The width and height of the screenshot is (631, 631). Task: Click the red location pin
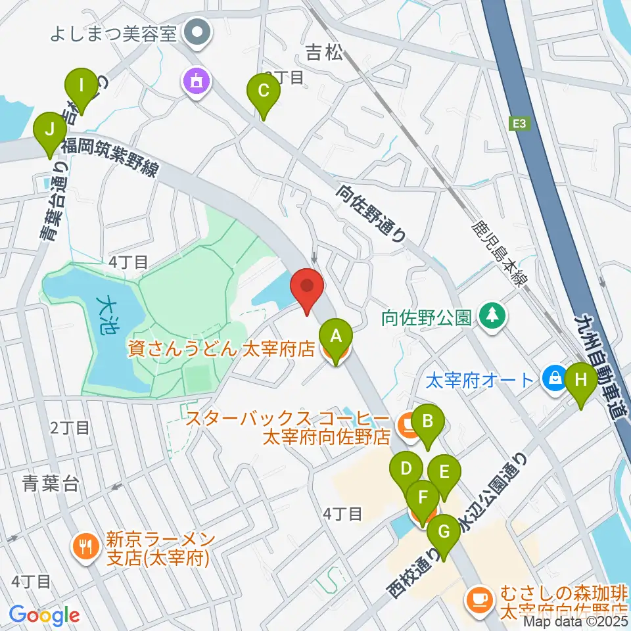(x=308, y=289)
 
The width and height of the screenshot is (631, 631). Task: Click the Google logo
(x=44, y=615)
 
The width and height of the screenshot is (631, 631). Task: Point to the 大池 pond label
(x=105, y=314)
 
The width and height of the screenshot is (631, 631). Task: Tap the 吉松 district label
(x=325, y=53)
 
